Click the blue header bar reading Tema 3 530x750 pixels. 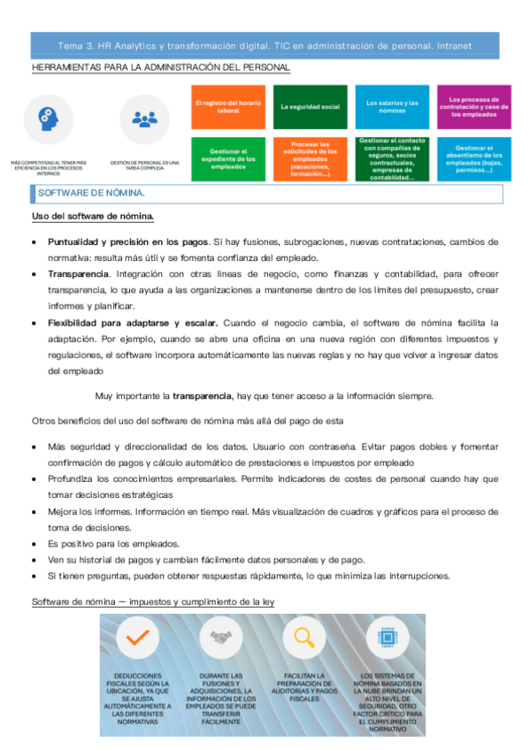pyautogui.click(x=265, y=44)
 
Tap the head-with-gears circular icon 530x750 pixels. pyautogui.click(x=50, y=119)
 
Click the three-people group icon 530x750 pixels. pyautogui.click(x=143, y=119)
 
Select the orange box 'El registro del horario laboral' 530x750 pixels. pyautogui.click(x=226, y=107)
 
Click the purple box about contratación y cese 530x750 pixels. pyautogui.click(x=474, y=107)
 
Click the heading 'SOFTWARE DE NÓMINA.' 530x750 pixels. pyautogui.click(x=101, y=193)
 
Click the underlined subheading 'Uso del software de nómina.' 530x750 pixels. pyautogui.click(x=93, y=217)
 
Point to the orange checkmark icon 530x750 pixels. pyautogui.click(x=137, y=638)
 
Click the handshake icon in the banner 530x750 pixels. pyautogui.click(x=220, y=638)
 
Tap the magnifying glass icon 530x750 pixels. pyautogui.click(x=303, y=638)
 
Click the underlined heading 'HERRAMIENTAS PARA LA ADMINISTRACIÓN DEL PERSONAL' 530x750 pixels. pyautogui.click(x=160, y=67)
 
